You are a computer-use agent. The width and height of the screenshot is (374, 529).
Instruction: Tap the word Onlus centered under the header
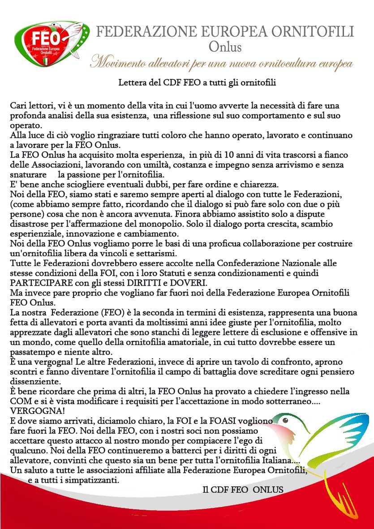[x=225, y=46]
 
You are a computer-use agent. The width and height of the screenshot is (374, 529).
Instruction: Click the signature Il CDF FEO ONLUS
[x=243, y=490]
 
